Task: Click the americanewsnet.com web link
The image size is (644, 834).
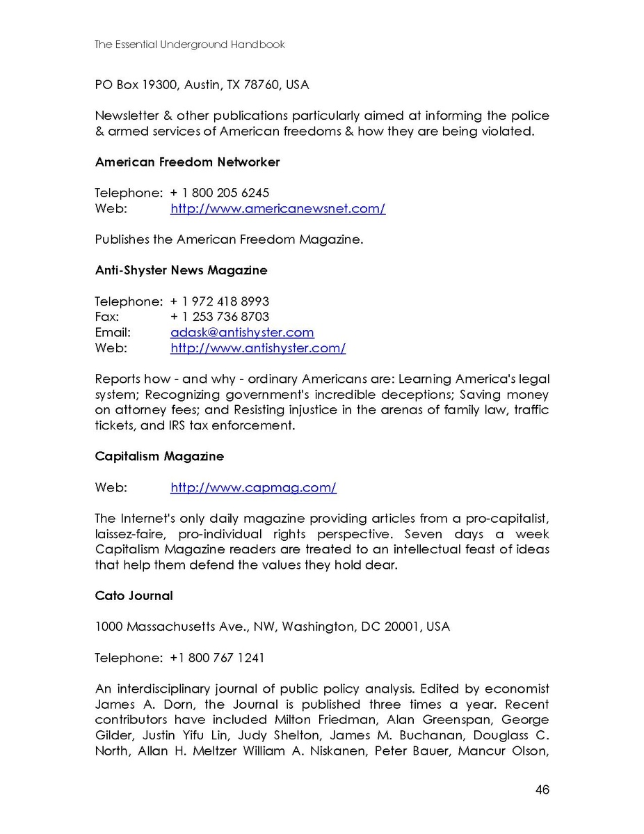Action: pyautogui.click(x=277, y=208)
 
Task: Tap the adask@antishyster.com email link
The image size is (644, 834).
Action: pyautogui.click(x=242, y=332)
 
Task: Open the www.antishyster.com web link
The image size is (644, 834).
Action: pyautogui.click(x=258, y=347)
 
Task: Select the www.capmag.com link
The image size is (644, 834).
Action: pyautogui.click(x=253, y=487)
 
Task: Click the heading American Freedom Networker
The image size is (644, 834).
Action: pyautogui.click(x=187, y=162)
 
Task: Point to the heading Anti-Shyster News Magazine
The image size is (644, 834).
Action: pyautogui.click(x=181, y=270)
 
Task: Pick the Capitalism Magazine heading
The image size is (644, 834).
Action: pyautogui.click(x=159, y=457)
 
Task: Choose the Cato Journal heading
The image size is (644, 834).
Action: pyautogui.click(x=134, y=596)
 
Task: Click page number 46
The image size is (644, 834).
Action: pyautogui.click(x=542, y=789)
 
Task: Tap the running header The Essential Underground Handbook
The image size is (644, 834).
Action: pyautogui.click(x=190, y=45)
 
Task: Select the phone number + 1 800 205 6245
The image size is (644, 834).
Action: pyautogui.click(x=220, y=193)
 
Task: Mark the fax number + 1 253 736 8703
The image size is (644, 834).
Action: pyautogui.click(x=220, y=317)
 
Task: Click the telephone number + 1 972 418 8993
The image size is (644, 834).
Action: pyautogui.click(x=220, y=301)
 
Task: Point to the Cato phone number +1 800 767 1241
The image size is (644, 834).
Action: pyautogui.click(x=217, y=658)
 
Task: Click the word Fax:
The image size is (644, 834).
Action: pyautogui.click(x=107, y=317)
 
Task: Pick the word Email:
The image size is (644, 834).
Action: pyautogui.click(x=113, y=332)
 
